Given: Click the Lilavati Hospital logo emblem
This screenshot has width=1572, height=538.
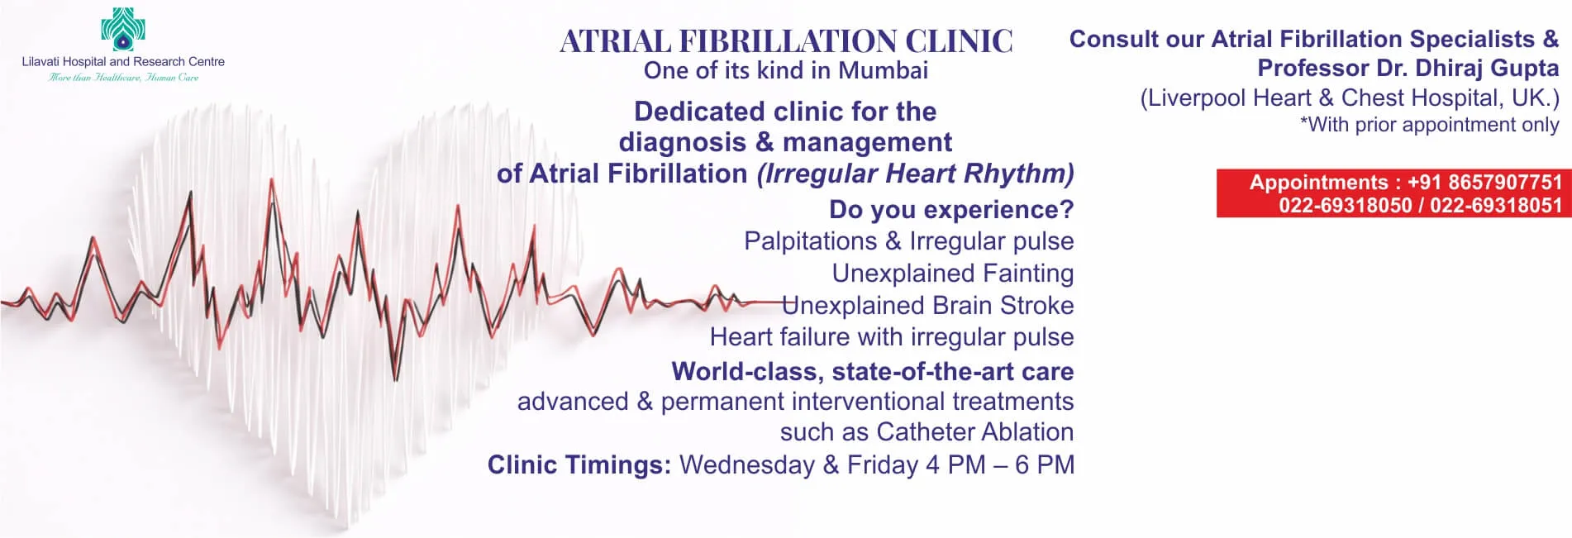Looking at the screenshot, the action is coord(123,29).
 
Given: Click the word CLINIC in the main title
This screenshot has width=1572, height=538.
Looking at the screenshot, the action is coord(959,41).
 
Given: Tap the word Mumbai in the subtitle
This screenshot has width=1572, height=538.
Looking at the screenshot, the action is coord(884,70).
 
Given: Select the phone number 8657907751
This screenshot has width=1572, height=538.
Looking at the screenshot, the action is coord(1505,182).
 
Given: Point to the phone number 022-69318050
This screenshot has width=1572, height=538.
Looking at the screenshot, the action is coord(1346,205).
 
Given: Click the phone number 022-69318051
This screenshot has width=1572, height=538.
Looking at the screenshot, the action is coord(1496,205).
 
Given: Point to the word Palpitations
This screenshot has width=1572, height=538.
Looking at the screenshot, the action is coord(811,241).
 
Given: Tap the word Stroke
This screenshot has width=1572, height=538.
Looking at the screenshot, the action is coord(1037,305).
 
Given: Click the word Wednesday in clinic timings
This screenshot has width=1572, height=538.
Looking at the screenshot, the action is coord(747,464).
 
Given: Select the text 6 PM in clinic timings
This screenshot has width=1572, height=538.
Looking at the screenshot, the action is coord(1045,464).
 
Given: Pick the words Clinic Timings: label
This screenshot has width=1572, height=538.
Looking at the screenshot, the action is coord(579,465).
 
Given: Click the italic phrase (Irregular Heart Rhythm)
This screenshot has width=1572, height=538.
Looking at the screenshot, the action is coord(916,174).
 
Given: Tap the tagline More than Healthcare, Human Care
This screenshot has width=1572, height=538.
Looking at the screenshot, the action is coord(124,78).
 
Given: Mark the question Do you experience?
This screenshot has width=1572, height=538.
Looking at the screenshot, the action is coord(951,210).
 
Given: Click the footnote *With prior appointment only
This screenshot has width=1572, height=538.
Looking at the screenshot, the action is coord(1430,125).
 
